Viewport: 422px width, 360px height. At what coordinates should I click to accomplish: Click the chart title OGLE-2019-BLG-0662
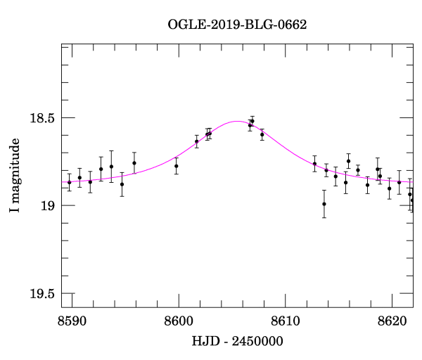coord(237,25)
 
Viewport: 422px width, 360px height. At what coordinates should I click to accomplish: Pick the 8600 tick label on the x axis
coord(179,321)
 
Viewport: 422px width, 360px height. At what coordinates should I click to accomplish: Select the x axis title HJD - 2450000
coord(237,341)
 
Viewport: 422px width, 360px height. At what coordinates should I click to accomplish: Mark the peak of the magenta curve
coord(236,121)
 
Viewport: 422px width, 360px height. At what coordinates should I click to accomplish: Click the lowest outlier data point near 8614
coord(324,204)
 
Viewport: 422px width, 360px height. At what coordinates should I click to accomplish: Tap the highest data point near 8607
coord(252,121)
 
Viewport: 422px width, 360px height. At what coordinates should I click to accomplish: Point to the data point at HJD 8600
coord(177,166)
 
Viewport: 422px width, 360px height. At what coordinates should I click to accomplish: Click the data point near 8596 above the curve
coord(134,162)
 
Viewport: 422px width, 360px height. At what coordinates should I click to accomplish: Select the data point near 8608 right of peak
coord(262,134)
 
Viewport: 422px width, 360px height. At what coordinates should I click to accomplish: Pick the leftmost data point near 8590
coord(69,182)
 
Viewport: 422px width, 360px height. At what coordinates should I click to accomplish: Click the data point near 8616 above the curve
coord(348,161)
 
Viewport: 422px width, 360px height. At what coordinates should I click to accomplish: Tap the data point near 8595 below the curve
coord(122,184)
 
